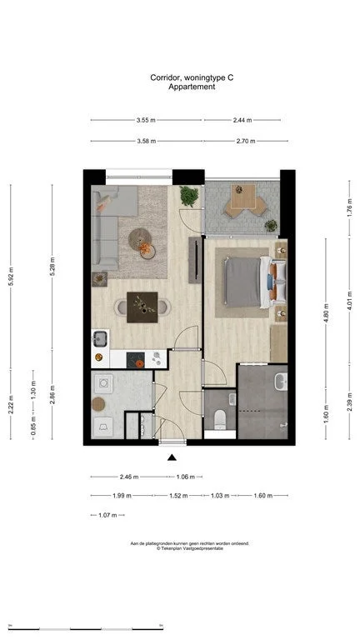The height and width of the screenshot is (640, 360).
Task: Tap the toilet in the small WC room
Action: click(219, 418)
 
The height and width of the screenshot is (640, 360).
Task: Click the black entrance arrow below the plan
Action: click(172, 457)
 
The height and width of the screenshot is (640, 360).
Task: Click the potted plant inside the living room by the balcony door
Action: click(189, 197)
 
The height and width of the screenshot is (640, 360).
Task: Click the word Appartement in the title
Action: click(192, 86)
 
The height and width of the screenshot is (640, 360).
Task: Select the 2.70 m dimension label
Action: click(246, 142)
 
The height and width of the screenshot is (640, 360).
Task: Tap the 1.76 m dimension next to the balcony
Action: click(349, 206)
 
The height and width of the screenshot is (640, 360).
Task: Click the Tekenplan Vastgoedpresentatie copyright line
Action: click(191, 548)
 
